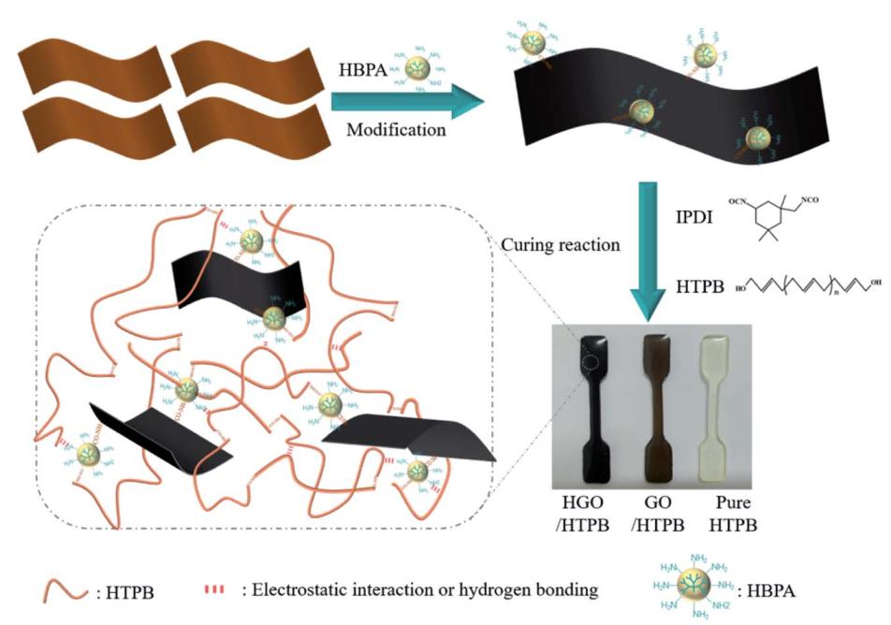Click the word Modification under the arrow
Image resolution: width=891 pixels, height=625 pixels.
(x=396, y=130)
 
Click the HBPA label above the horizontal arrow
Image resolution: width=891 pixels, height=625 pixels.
(x=362, y=70)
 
